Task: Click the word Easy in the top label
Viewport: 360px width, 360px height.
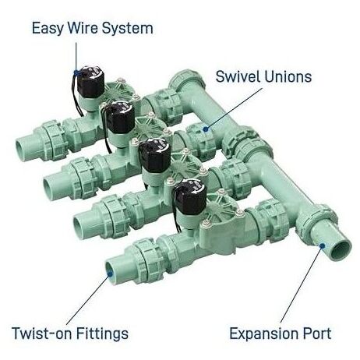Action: tap(48, 29)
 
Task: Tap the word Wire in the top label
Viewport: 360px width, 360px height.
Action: tap(83, 28)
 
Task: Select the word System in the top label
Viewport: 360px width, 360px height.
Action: tap(127, 29)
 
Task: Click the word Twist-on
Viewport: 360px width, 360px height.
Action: tap(41, 334)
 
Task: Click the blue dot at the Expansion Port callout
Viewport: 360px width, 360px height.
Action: tap(322, 245)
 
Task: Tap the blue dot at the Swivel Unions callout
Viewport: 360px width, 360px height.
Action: tap(206, 129)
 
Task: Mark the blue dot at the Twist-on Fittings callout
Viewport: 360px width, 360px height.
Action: tap(110, 274)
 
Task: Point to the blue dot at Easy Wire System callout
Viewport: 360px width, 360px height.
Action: tap(76, 72)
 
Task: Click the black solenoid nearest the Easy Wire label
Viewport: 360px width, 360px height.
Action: tap(90, 82)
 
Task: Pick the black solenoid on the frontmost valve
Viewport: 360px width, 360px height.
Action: tap(190, 196)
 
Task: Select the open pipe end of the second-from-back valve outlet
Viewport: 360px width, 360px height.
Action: tap(48, 187)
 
